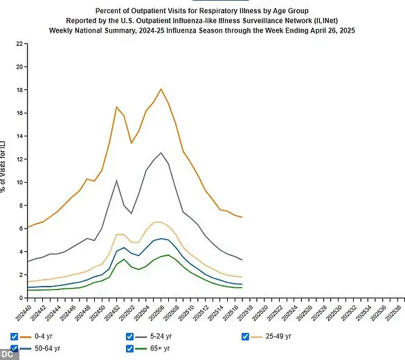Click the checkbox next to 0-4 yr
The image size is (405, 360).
pos(15,336)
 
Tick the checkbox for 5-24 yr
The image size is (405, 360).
pos(129,336)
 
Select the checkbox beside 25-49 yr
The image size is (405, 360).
pos(244,336)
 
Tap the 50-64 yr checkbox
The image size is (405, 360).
pos(15,348)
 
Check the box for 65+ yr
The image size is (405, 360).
pos(129,348)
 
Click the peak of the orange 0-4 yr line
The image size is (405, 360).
pos(161,89)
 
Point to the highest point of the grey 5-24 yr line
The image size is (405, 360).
pos(161,152)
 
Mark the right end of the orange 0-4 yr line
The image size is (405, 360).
pos(242,217)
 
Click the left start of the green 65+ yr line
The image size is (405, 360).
pos(28,290)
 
